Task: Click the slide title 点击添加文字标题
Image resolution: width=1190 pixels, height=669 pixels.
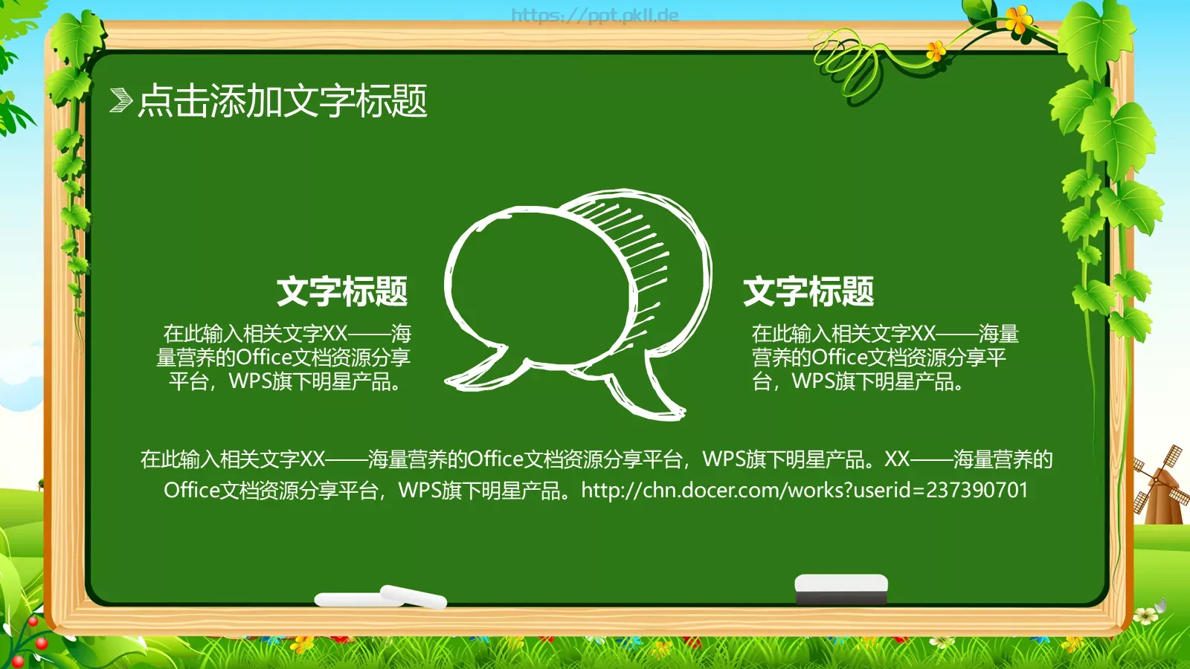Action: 283,100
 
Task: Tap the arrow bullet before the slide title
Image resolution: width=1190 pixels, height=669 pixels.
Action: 120,100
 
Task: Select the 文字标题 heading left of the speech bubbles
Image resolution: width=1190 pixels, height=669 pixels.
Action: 342,291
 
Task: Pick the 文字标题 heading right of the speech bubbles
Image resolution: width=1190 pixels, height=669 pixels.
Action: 808,291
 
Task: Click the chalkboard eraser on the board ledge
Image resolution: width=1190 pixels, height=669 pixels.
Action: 841,588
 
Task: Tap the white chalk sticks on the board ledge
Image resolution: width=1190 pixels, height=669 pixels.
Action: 381,597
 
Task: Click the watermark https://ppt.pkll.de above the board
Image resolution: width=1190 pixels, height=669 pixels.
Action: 594,15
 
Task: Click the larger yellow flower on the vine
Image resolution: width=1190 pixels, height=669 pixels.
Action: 1019,19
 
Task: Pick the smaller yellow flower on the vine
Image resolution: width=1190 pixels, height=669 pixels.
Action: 936,51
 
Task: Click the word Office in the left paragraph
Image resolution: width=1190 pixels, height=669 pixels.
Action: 263,358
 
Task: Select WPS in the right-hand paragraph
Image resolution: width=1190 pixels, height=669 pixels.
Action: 812,382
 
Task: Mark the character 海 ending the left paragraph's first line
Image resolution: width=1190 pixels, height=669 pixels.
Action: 401,333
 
